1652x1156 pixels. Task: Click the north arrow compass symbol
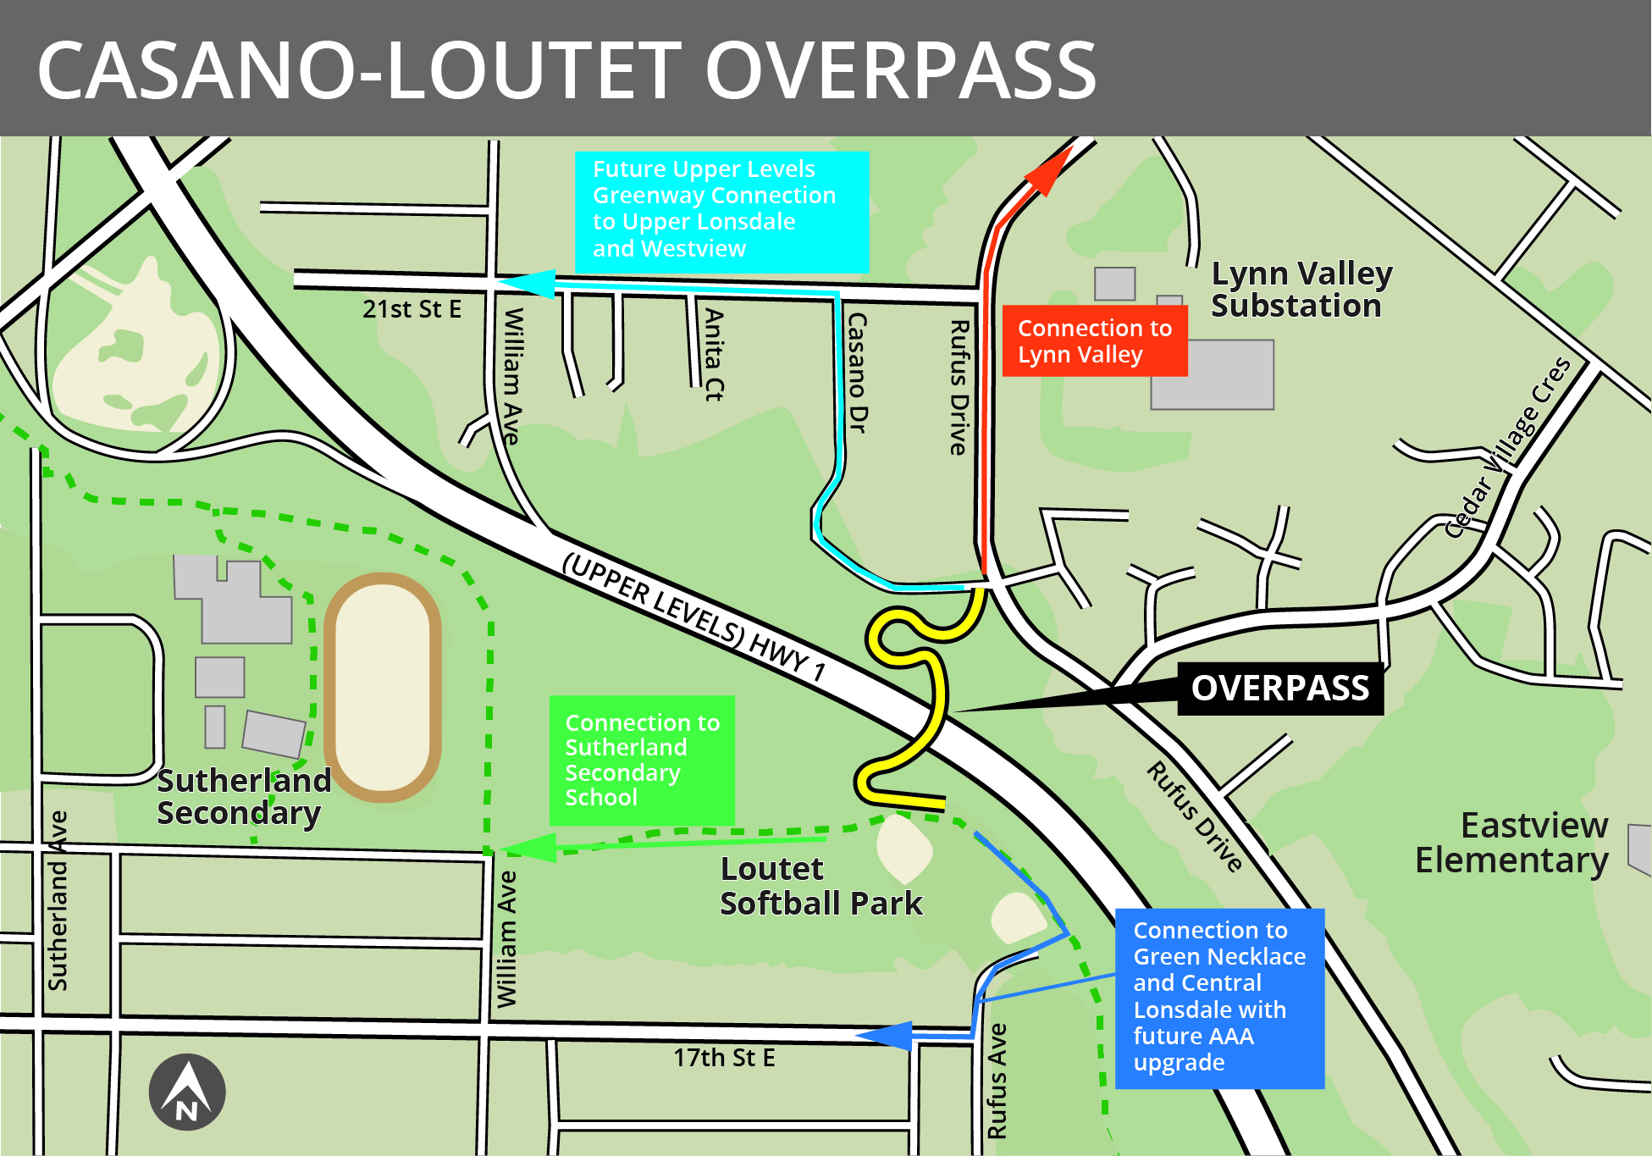click(x=187, y=1092)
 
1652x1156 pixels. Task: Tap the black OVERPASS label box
click(x=1279, y=688)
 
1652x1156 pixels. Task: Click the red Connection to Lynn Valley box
click(x=1094, y=340)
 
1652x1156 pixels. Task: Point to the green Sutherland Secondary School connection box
click(x=641, y=760)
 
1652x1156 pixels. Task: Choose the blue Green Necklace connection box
click(x=1218, y=997)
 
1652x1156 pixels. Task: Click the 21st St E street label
click(x=412, y=309)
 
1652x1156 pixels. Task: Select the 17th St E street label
click(x=724, y=1058)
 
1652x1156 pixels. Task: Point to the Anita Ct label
click(x=715, y=354)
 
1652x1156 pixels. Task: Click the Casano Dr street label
click(x=858, y=373)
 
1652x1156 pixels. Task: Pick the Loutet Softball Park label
click(x=820, y=886)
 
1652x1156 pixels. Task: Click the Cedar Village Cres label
click(x=1507, y=447)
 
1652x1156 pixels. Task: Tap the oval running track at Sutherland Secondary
click(x=383, y=687)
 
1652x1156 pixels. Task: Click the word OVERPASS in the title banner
click(x=900, y=69)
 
